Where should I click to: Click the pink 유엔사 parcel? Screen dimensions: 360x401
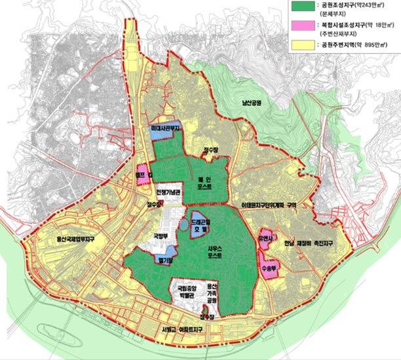[266, 240]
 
